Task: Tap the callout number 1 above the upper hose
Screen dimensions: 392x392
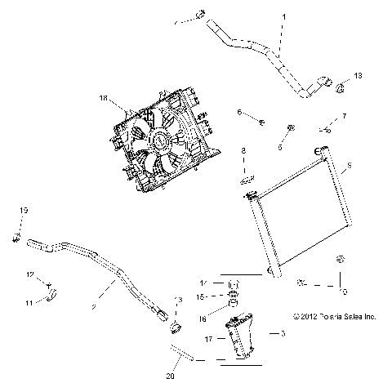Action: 283,16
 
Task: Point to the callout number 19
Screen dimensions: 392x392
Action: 23,212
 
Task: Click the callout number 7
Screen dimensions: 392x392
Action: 344,117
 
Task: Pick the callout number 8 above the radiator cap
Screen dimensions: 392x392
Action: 243,151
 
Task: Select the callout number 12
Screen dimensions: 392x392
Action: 28,274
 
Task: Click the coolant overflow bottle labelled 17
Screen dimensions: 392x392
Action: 244,335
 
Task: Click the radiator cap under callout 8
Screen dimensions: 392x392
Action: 247,178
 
